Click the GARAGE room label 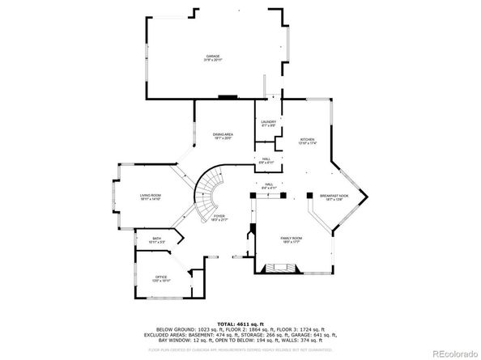[x=213, y=56]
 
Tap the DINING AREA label [x=223, y=134]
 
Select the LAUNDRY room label [x=269, y=121]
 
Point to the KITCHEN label [x=308, y=139]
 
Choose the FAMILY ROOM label [x=292, y=238]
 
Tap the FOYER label [x=219, y=217]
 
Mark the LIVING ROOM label [x=151, y=195]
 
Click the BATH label [x=157, y=238]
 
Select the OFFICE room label [x=161, y=277]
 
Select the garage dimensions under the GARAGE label [x=213, y=60]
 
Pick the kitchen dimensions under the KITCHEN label [x=308, y=143]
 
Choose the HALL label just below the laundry [x=266, y=158]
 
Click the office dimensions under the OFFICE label [x=161, y=281]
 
